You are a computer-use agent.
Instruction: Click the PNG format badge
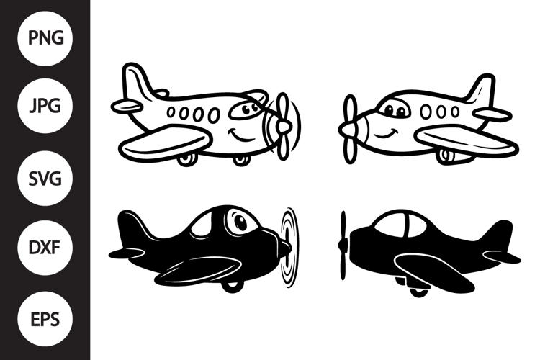(x=45, y=38)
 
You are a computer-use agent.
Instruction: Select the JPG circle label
(x=45, y=105)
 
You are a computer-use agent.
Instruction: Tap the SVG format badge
(x=45, y=178)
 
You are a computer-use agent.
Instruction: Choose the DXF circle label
(x=45, y=248)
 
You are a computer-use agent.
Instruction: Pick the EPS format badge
(x=45, y=319)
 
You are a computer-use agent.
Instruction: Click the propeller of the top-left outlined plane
(x=283, y=127)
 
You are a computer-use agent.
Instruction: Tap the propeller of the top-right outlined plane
(x=349, y=129)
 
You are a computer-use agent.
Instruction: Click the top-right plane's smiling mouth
(x=386, y=134)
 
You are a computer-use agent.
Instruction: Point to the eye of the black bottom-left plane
(x=240, y=222)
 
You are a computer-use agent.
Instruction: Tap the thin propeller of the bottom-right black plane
(x=343, y=245)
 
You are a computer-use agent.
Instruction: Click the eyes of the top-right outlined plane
(x=395, y=110)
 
